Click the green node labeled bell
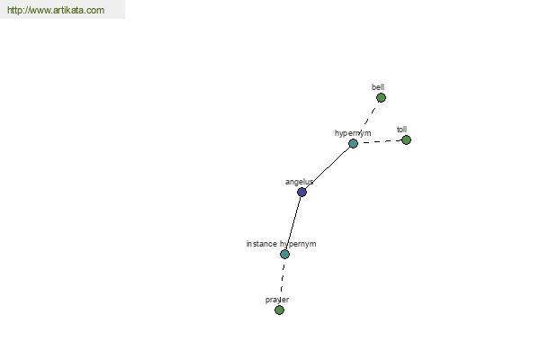click(x=381, y=98)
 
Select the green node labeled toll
click(x=407, y=139)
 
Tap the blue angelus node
click(x=301, y=193)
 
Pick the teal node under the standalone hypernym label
click(x=353, y=144)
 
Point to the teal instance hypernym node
click(x=284, y=254)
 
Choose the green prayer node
click(x=279, y=310)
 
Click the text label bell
click(x=378, y=87)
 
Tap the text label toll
click(x=402, y=130)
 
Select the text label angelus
click(x=300, y=182)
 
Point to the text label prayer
click(x=277, y=300)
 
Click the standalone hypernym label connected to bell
click(x=353, y=133)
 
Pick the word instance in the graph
click(x=262, y=244)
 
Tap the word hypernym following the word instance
click(x=298, y=244)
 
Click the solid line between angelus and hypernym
click(x=328, y=167)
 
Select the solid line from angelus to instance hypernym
click(x=293, y=223)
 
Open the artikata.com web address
click(x=56, y=10)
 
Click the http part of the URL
click(x=14, y=10)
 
